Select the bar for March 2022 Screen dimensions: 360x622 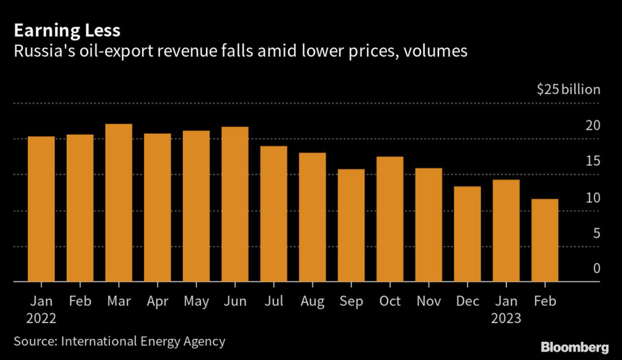[x=118, y=203]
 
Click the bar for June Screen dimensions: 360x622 [x=235, y=205]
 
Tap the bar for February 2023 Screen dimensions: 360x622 [x=545, y=240]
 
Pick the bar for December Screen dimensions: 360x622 [x=468, y=234]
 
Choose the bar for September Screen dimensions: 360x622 [x=351, y=225]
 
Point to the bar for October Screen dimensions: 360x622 [x=390, y=219]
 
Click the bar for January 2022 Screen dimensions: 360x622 [x=41, y=209]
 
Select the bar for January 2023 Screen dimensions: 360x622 [x=507, y=231]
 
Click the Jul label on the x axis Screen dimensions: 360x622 [x=274, y=301]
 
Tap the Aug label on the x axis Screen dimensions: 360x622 [x=313, y=301]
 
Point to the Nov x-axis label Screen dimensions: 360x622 [x=429, y=301]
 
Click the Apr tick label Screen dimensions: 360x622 [x=157, y=301]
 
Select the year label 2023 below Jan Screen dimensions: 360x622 [x=507, y=318]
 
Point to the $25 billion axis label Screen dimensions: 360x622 [x=568, y=90]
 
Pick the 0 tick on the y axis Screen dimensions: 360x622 [x=596, y=268]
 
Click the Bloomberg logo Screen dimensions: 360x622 [x=575, y=347]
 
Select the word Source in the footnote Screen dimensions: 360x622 [x=33, y=342]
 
